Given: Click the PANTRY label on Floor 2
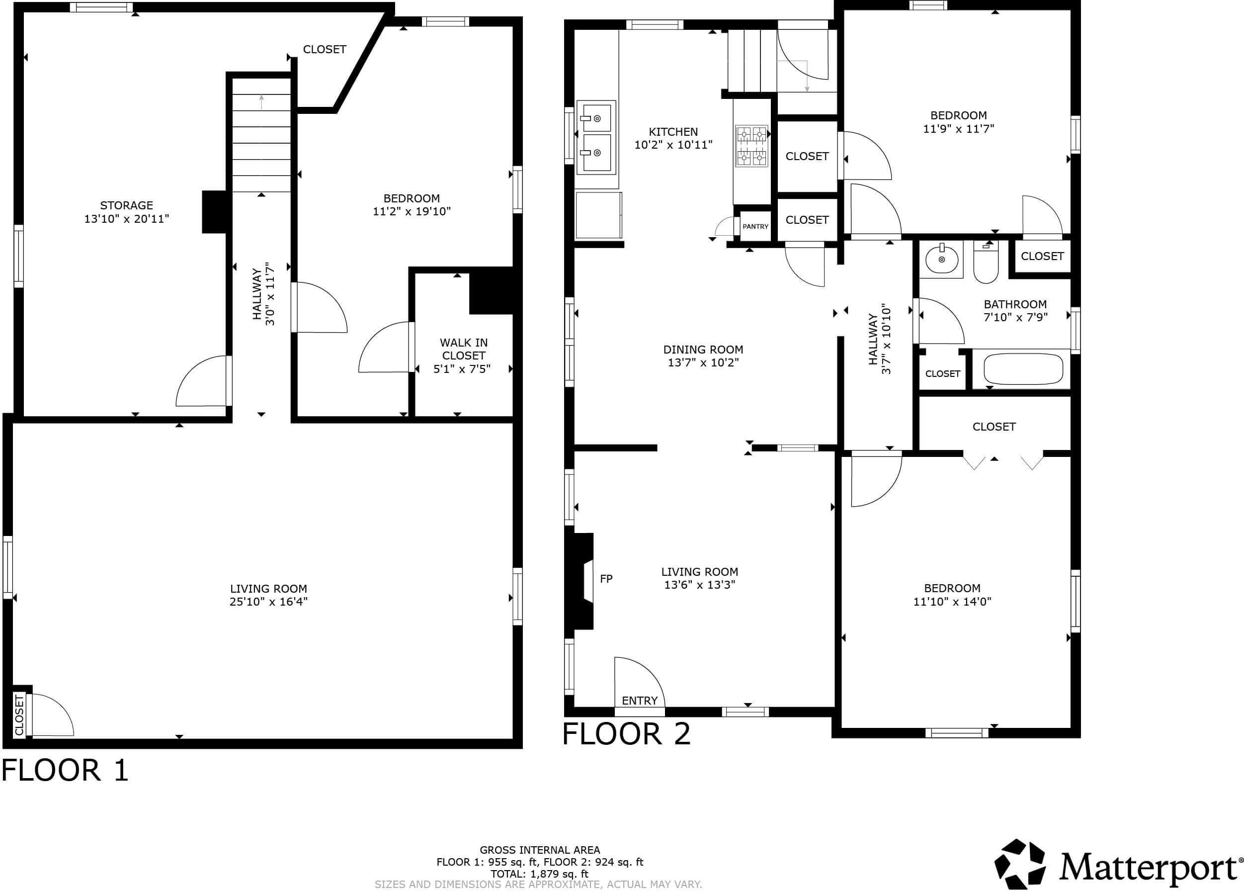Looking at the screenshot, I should [755, 227].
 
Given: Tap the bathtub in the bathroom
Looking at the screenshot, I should [1023, 369].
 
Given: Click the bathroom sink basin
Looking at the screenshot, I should [942, 259].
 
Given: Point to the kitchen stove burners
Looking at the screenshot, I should [751, 145].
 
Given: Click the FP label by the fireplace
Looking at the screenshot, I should [606, 579].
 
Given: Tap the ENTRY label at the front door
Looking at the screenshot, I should [639, 701].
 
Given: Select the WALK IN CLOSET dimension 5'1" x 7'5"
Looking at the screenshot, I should [462, 369].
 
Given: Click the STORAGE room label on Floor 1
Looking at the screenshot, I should [126, 205].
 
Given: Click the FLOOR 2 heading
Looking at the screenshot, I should [626, 734].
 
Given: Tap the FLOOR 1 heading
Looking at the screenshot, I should [65, 770].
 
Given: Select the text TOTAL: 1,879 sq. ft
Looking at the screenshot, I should [539, 874].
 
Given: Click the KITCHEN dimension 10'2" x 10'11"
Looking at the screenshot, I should [673, 145].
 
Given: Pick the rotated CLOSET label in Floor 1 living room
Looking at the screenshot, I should [19, 715].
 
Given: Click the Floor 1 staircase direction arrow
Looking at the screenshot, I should [261, 101].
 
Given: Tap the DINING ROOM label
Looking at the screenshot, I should [703, 350].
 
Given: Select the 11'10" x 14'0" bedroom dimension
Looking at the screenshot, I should [952, 601].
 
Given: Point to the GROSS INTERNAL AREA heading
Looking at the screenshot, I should [539, 850].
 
